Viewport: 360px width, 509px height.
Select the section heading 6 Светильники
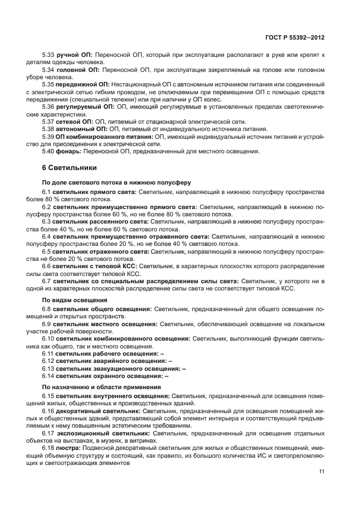click(x=70, y=167)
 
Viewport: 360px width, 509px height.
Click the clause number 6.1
click(x=47, y=192)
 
